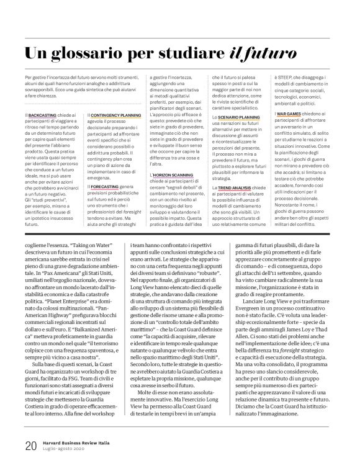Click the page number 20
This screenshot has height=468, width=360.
pos(14,444)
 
